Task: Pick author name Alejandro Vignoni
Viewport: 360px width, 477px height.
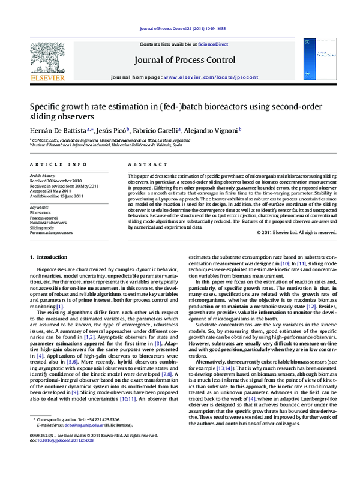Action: click(212, 129)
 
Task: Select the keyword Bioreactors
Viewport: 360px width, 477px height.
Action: click(41, 212)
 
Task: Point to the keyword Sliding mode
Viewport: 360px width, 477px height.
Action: click(42, 227)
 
